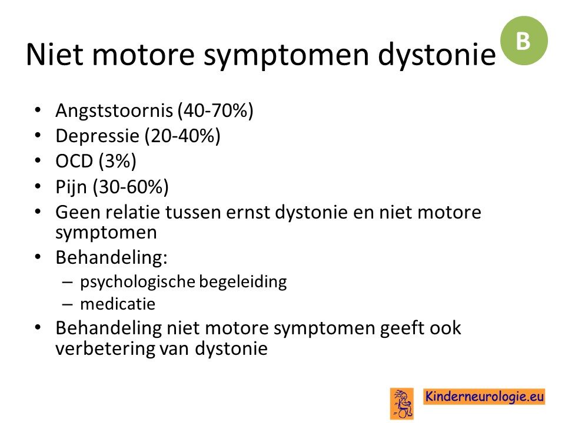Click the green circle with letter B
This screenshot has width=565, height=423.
[524, 41]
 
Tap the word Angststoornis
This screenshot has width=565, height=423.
[114, 110]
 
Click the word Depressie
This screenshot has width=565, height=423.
[97, 136]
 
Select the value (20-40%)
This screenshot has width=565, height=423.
[182, 136]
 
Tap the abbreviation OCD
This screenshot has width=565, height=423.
[74, 161]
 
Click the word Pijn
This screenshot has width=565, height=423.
[71, 187]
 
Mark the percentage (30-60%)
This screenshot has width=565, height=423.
[131, 187]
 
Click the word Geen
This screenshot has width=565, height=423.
[78, 212]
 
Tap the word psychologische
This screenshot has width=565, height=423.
[138, 282]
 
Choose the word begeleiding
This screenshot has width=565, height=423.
[243, 282]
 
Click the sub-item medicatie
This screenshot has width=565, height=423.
[118, 304]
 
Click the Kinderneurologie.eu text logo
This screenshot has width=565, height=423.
[484, 397]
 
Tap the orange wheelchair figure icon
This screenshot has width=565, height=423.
[402, 403]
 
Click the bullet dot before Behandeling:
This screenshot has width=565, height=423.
[38, 257]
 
